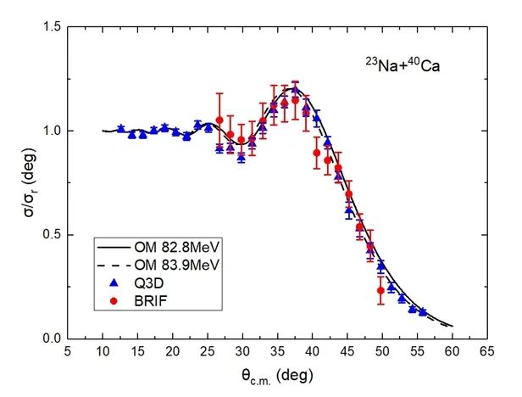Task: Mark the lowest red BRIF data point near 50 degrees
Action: [x=381, y=290]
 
